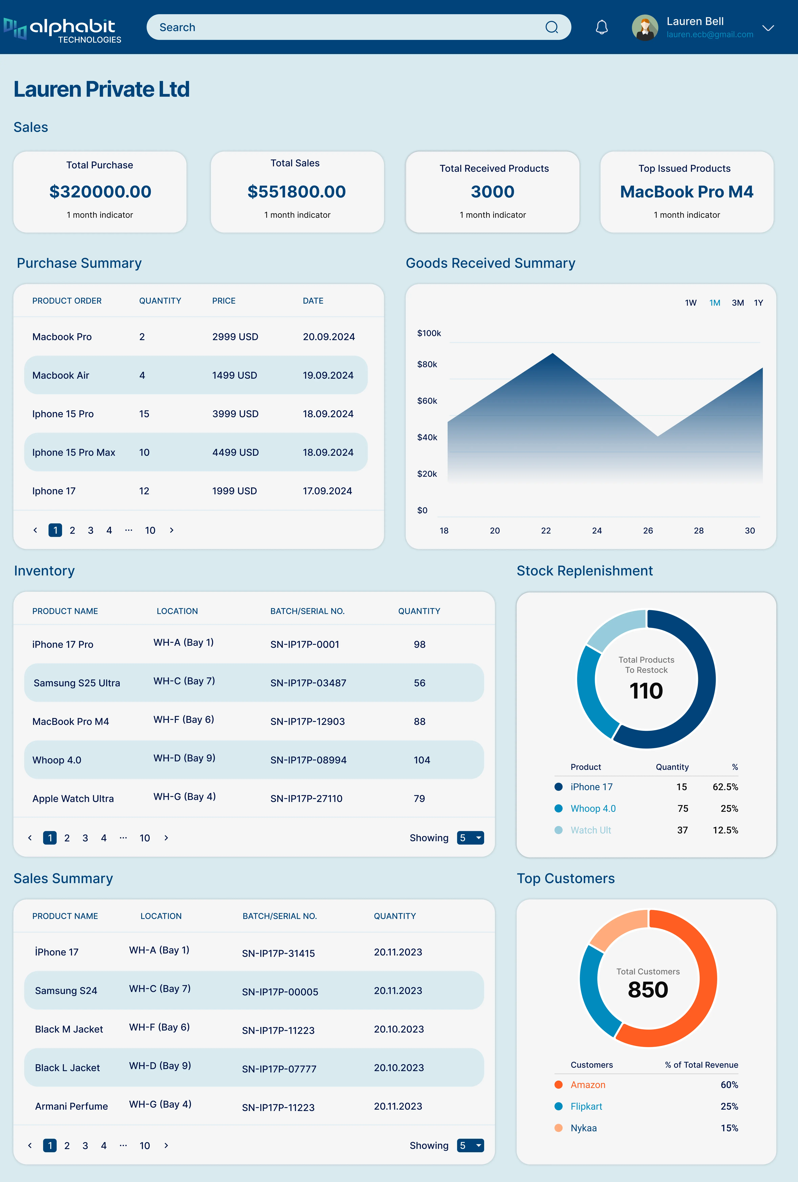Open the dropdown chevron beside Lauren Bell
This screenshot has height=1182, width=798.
(x=768, y=28)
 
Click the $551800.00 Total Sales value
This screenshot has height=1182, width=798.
(x=296, y=192)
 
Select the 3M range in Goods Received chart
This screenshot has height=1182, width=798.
(x=737, y=303)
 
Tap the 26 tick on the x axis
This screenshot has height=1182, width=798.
(x=647, y=530)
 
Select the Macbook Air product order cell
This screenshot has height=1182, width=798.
(x=61, y=375)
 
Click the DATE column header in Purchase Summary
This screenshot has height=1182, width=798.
(x=313, y=301)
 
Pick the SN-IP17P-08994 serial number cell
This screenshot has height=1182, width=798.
(x=308, y=760)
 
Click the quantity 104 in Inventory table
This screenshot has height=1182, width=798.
(x=422, y=760)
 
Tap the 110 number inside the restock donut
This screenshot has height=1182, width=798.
(x=646, y=691)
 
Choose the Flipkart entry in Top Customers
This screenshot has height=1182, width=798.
(x=586, y=1106)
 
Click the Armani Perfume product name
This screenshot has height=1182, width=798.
(x=71, y=1106)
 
